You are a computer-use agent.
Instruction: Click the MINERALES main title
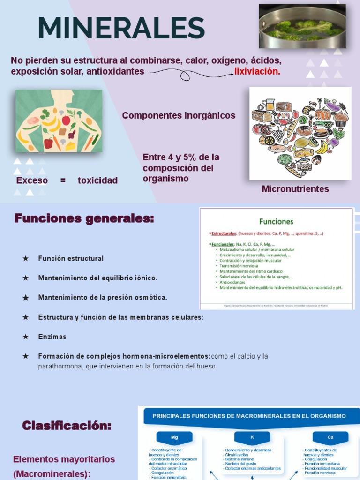pos(121,28)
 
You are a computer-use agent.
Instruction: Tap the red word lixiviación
pos(257,72)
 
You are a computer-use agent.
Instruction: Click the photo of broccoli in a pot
pos(302,26)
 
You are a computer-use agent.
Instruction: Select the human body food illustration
pos(59,120)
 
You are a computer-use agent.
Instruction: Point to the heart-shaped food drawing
pos(300,133)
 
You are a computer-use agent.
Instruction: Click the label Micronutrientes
pos(295,189)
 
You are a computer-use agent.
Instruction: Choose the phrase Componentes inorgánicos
pos(179,115)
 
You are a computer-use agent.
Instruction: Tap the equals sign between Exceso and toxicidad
pos(63,180)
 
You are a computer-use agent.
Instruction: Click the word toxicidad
pos(97,180)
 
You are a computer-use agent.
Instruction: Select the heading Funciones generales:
pos(84,218)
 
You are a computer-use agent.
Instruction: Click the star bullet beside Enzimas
pos(26,337)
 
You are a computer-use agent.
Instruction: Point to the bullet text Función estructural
pos(71,258)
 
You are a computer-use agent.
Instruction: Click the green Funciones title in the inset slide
pos(277,221)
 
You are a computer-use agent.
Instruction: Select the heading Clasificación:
pos(67,426)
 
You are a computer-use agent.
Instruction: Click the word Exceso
pos(32,180)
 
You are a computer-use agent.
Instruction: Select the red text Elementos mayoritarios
pos(64,459)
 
